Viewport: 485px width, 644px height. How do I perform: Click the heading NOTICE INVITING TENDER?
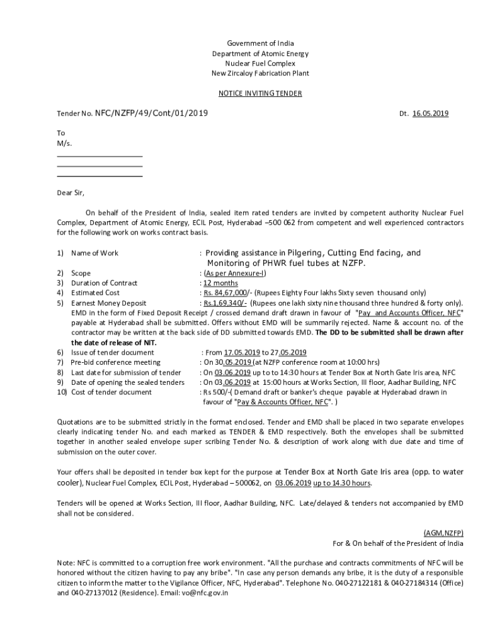[260, 94]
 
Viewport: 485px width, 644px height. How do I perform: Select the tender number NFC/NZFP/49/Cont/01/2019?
[151, 113]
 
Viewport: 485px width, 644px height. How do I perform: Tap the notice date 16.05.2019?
[430, 114]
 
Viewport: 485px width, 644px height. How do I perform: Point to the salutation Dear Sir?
[71, 192]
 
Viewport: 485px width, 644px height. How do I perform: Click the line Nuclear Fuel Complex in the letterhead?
[260, 64]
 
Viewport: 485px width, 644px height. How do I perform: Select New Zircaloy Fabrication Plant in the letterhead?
[260, 74]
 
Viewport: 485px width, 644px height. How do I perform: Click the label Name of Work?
[94, 253]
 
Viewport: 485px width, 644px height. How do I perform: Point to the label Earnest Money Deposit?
[109, 303]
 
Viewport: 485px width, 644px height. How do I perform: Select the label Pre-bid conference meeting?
[115, 362]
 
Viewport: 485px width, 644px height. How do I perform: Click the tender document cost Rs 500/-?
[218, 392]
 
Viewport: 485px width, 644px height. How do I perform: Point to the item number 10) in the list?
[62, 392]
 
